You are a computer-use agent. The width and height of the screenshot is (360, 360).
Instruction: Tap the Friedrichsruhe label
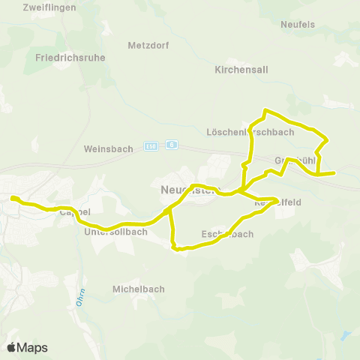(70, 57)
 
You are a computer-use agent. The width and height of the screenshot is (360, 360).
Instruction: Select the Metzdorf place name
(148, 45)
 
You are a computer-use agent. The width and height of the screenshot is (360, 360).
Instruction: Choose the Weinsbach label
(109, 148)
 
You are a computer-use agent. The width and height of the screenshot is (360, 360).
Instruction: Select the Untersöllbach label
(115, 232)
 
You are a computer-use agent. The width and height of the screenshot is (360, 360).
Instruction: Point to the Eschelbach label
(227, 234)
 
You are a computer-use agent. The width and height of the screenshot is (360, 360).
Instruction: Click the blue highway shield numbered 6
(172, 145)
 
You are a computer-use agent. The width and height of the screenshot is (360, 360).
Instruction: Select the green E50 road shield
(151, 145)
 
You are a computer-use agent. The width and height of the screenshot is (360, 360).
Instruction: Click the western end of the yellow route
(12, 198)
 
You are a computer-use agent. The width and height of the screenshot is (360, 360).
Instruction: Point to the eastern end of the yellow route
(334, 173)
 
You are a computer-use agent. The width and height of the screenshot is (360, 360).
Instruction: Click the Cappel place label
(74, 212)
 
